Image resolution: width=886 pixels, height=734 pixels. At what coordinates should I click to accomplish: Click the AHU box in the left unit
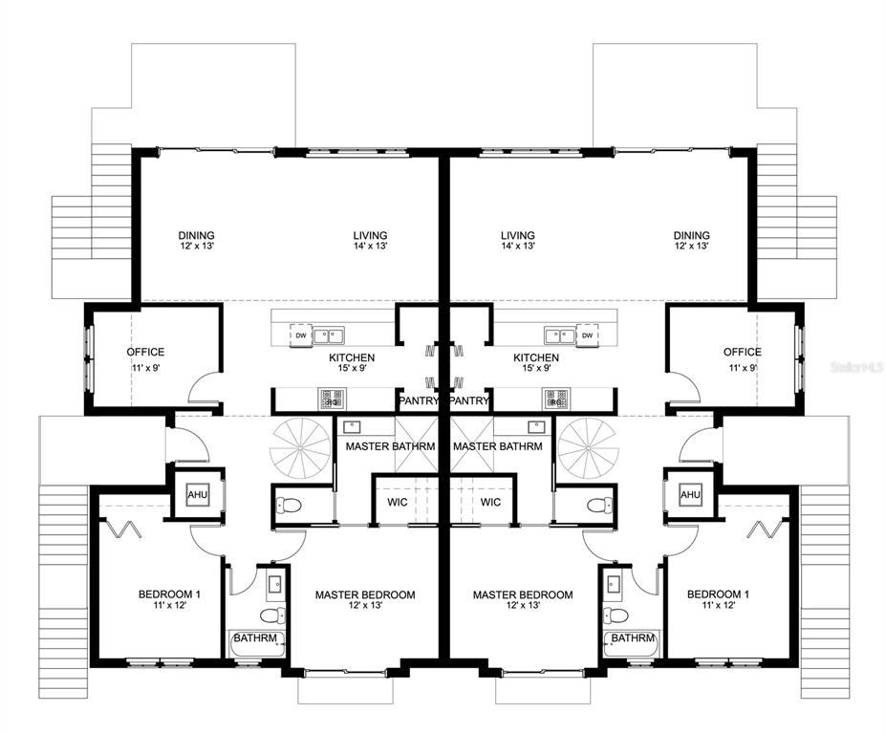click(x=197, y=494)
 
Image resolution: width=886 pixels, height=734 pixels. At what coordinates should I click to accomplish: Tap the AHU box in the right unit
click(x=689, y=494)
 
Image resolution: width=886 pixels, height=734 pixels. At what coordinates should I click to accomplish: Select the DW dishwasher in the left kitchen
click(x=300, y=335)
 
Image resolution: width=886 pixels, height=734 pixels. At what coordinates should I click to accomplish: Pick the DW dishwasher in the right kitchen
click(x=587, y=335)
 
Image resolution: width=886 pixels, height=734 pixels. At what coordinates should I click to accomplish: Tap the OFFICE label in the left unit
click(x=145, y=352)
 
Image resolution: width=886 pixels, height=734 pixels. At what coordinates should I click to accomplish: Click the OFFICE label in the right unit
click(x=742, y=352)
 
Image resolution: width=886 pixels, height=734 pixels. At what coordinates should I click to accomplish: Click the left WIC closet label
click(x=399, y=502)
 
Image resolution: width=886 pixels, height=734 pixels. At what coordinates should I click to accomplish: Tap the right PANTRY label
click(x=469, y=400)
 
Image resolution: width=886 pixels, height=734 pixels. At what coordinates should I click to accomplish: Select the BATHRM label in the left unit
click(x=255, y=638)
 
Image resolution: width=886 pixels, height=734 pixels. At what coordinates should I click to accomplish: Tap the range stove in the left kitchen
click(x=331, y=398)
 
